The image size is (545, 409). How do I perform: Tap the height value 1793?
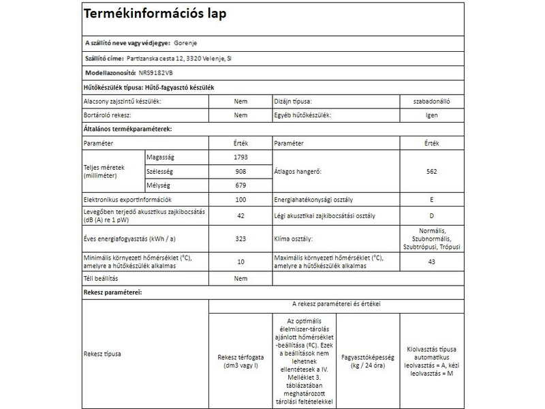point(240,157)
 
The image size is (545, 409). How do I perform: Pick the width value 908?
point(240,171)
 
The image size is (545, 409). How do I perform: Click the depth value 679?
point(240,185)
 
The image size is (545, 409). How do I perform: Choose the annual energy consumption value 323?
point(240,240)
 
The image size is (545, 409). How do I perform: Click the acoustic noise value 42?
point(240,216)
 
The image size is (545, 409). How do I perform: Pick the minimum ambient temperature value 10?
point(240,262)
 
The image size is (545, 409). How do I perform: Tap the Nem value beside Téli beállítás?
point(240,279)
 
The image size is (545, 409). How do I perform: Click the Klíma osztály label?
point(293,240)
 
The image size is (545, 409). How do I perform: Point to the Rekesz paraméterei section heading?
point(112,292)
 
